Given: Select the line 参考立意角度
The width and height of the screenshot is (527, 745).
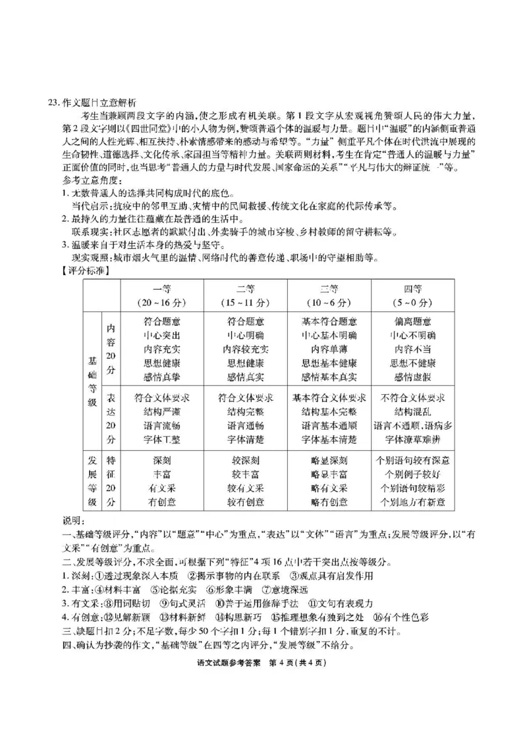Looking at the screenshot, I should pos(90,180).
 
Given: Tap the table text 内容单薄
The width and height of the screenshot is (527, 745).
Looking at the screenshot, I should pos(329,349).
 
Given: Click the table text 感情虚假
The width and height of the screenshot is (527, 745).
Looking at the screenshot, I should pos(413,377).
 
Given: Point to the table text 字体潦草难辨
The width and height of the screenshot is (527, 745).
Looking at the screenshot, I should pos(413,439).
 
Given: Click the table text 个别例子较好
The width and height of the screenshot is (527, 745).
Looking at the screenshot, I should pos(413,475).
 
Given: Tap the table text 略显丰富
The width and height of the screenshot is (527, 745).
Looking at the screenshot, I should pos(329,475).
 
